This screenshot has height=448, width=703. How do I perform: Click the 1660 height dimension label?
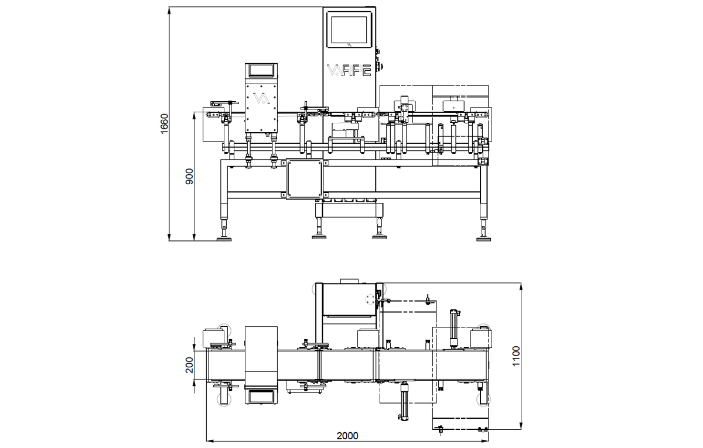(x=165, y=124)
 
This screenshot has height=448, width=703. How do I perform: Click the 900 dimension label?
(x=189, y=177)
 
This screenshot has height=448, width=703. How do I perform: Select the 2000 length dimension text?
(x=347, y=436)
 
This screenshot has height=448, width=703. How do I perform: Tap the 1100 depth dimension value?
(x=516, y=356)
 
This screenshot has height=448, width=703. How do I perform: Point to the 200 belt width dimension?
(x=189, y=365)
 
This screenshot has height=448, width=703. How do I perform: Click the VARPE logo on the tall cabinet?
(x=349, y=70)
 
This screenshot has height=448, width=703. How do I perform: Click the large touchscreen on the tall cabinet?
(x=349, y=30)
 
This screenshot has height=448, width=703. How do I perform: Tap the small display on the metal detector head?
(x=261, y=71)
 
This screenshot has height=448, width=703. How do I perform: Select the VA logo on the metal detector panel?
(x=262, y=99)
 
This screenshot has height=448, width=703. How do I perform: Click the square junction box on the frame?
(x=305, y=179)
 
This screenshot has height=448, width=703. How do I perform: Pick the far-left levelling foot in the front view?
(x=224, y=239)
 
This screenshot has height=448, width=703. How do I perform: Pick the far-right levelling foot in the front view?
(x=484, y=239)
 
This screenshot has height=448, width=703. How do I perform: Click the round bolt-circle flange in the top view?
(x=370, y=299)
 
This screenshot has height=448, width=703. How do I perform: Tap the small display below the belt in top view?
(x=261, y=397)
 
